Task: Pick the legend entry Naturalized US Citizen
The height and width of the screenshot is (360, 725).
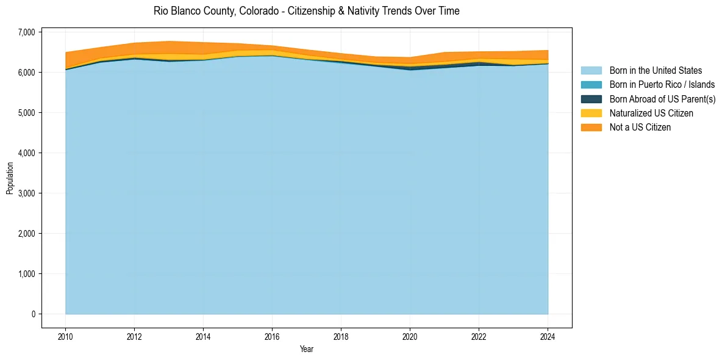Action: pyautogui.click(x=651, y=113)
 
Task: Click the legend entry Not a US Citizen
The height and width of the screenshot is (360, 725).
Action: pyautogui.click(x=640, y=128)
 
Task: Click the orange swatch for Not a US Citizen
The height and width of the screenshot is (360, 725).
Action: pyautogui.click(x=591, y=128)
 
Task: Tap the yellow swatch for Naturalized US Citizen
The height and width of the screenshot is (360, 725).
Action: pyautogui.click(x=591, y=113)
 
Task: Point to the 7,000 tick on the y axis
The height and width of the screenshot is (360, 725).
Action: pyautogui.click(x=27, y=32)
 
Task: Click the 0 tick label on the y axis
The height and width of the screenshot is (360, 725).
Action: pyautogui.click(x=34, y=314)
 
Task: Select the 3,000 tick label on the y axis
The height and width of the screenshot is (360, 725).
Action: pyautogui.click(x=27, y=193)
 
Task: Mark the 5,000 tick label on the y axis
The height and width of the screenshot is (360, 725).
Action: pyautogui.click(x=27, y=113)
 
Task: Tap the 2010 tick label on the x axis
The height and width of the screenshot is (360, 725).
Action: pyautogui.click(x=65, y=336)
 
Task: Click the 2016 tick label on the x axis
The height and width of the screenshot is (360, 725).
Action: pyautogui.click(x=272, y=336)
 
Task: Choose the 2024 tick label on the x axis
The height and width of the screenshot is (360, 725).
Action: pyautogui.click(x=548, y=336)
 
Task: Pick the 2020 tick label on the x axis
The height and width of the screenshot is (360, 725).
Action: pyautogui.click(x=410, y=336)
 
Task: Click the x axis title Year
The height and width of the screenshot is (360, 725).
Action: pyautogui.click(x=307, y=349)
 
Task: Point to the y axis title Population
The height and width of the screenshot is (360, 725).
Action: pyautogui.click(x=10, y=178)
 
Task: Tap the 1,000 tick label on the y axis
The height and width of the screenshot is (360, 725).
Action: pyautogui.click(x=27, y=274)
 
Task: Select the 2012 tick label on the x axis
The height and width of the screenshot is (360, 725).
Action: pyautogui.click(x=134, y=336)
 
